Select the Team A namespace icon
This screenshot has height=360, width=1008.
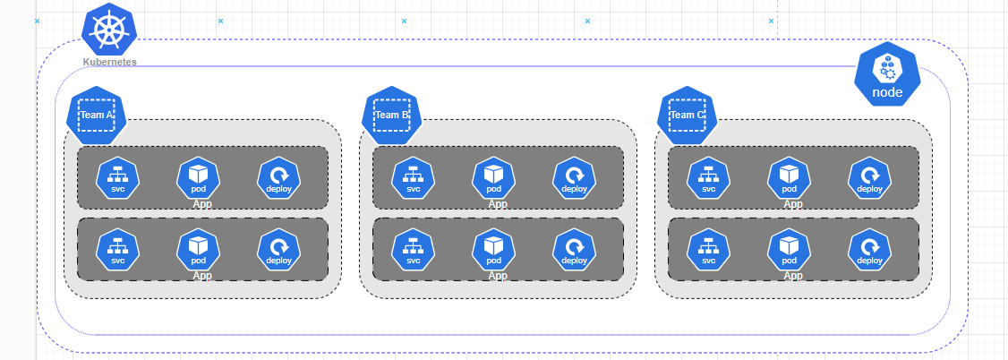(96, 116)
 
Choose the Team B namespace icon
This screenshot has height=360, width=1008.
(391, 116)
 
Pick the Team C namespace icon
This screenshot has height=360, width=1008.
(687, 116)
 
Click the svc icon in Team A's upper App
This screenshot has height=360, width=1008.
(118, 177)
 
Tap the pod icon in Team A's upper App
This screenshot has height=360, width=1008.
(199, 177)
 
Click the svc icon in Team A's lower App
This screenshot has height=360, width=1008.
(118, 250)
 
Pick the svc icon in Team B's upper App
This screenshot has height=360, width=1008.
(414, 177)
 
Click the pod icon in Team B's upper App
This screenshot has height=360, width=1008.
(494, 177)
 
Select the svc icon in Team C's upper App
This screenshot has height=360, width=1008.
(709, 177)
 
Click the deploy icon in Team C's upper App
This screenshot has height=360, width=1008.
(869, 177)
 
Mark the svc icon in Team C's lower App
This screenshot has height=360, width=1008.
(709, 250)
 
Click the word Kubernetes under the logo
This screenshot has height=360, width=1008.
(109, 62)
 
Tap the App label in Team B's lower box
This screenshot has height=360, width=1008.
(498, 276)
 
